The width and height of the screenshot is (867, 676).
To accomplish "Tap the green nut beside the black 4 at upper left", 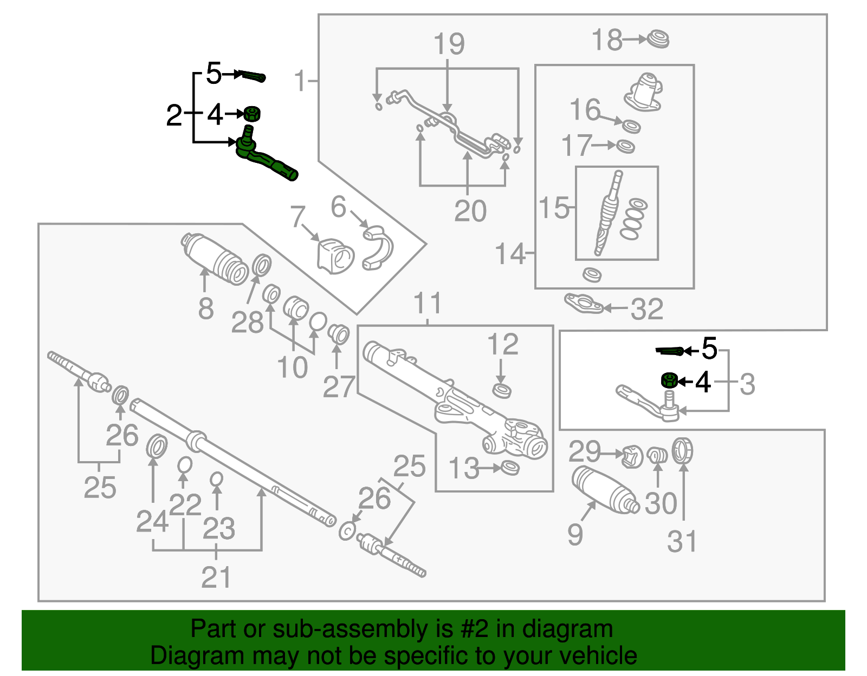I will pyautogui.click(x=251, y=114).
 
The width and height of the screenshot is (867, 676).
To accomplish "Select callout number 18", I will pyautogui.click(x=606, y=41).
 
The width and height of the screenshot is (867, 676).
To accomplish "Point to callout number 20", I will pyautogui.click(x=470, y=211).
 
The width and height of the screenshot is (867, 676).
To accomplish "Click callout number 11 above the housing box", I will pyautogui.click(x=428, y=304).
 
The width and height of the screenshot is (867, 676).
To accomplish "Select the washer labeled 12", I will pyautogui.click(x=502, y=390).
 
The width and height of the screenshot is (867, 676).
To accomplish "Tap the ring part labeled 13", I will pyautogui.click(x=510, y=468).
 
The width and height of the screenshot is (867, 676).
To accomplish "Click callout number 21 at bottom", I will pyautogui.click(x=216, y=577).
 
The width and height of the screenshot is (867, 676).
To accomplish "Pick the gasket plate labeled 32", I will pyautogui.click(x=584, y=304).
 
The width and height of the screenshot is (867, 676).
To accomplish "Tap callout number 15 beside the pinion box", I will pyautogui.click(x=554, y=208).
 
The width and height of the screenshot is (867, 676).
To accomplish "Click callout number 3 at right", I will pyautogui.click(x=747, y=384).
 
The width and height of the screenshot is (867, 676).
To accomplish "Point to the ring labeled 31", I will pyautogui.click(x=682, y=451).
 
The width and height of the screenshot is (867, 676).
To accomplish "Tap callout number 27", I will pyautogui.click(x=339, y=388).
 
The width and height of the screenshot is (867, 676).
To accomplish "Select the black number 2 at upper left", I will pyautogui.click(x=174, y=115).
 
